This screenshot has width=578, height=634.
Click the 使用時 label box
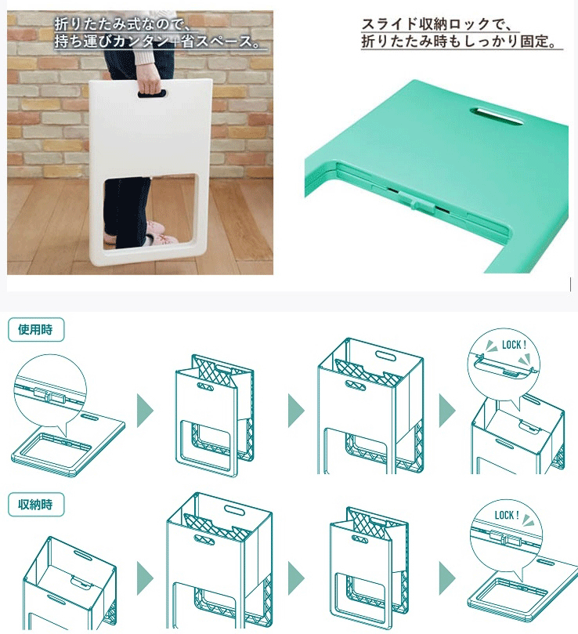tap(36, 329)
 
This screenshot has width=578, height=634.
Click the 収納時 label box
tap(36, 504)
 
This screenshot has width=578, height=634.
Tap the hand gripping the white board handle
tap(150, 85)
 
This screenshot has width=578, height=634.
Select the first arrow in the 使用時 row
tap(145, 411)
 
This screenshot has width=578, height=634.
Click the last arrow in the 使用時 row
tap(447, 411)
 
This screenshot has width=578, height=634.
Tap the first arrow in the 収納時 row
tap(145, 578)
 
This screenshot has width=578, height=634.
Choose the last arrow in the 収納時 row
tap(447, 578)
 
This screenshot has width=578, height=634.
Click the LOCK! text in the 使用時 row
tap(514, 345)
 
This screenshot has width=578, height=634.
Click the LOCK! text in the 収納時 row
tap(507, 515)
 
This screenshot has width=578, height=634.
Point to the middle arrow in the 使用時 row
tap(296, 411)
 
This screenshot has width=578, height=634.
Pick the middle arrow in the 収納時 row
tap(296, 578)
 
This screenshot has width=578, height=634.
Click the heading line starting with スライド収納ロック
tap(436, 24)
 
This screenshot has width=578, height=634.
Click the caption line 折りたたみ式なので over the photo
tap(122, 24)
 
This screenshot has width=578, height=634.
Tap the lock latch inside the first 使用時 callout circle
tap(49, 397)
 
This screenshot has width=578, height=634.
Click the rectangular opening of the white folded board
tap(150, 212)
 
